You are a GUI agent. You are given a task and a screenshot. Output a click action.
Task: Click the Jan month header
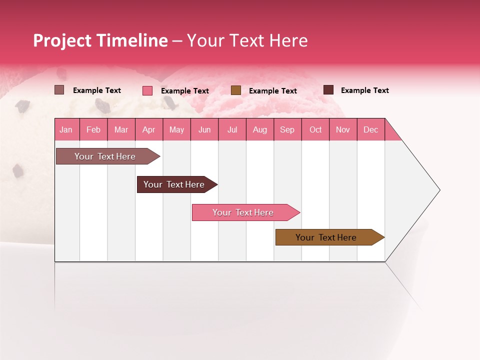pyautogui.click(x=66, y=129)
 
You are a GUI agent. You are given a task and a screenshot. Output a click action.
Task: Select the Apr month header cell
pyautogui.click(x=149, y=129)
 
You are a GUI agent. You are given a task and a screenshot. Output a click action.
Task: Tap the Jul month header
pyautogui.click(x=232, y=129)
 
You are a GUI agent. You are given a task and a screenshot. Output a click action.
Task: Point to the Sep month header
pyautogui.click(x=287, y=129)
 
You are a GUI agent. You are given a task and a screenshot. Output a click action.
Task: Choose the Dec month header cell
pyautogui.click(x=370, y=129)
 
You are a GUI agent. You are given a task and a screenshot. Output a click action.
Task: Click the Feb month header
pyautogui.click(x=93, y=129)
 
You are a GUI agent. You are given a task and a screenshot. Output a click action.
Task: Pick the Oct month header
pyautogui.click(x=315, y=129)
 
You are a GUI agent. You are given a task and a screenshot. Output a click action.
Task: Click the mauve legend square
pyautogui.click(x=59, y=90)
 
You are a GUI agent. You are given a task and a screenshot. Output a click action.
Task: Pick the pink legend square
pyautogui.click(x=147, y=90)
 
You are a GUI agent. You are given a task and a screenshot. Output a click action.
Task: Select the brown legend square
pyautogui.click(x=236, y=90)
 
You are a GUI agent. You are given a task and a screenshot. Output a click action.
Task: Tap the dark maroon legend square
pyautogui.click(x=328, y=90)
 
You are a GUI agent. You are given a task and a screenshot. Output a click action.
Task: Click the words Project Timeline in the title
pyautogui.click(x=100, y=40)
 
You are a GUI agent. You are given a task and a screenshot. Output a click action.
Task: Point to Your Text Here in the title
pyautogui.click(x=247, y=40)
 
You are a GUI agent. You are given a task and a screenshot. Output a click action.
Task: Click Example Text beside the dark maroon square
pyautogui.click(x=364, y=90)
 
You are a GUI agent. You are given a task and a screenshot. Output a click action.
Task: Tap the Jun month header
pyautogui.click(x=204, y=129)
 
